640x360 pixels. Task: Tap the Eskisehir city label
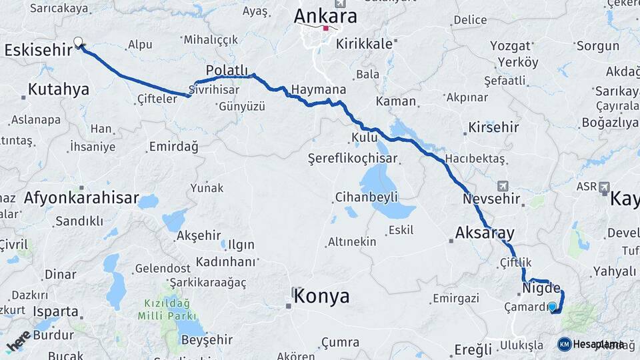click(x=38, y=50)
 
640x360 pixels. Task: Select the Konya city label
click(x=321, y=296)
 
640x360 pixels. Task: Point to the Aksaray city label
click(x=485, y=233)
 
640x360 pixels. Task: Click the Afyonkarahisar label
click(x=81, y=197)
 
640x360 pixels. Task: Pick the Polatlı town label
click(x=227, y=70)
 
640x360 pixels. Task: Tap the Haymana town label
click(x=319, y=89)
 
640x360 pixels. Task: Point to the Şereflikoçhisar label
click(x=352, y=159)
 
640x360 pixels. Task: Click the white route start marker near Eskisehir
click(x=79, y=43)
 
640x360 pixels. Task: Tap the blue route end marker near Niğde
click(x=552, y=306)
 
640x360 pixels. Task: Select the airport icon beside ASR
click(x=604, y=187)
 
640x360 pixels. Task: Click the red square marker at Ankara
click(x=325, y=29)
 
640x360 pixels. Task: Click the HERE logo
click(x=17, y=341)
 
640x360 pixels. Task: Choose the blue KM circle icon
click(x=564, y=344)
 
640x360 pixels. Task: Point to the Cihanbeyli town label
click(x=366, y=197)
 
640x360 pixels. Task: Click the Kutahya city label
click(x=58, y=89)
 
